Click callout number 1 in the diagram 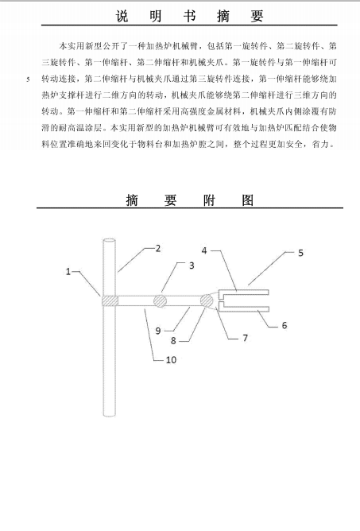pyautogui.click(x=68, y=272)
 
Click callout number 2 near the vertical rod pyautogui.click(x=158, y=249)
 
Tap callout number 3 pyautogui.click(x=192, y=265)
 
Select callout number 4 pyautogui.click(x=204, y=251)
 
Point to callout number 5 pyautogui.click(x=300, y=253)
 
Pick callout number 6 pyautogui.click(x=285, y=325)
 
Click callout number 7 pyautogui.click(x=246, y=338)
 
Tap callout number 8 pyautogui.click(x=173, y=341)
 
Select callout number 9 pyautogui.click(x=158, y=331)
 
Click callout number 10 pyautogui.click(x=171, y=359)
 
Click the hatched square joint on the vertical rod pyautogui.click(x=110, y=300)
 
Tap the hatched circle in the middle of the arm pyautogui.click(x=160, y=300)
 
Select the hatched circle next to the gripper pyautogui.click(x=207, y=300)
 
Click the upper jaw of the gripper pyautogui.click(x=244, y=293)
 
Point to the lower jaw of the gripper pyautogui.click(x=244, y=309)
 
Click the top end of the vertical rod pyautogui.click(x=109, y=240)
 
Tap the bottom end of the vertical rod pyautogui.click(x=109, y=414)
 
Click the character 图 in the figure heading pyautogui.click(x=248, y=200)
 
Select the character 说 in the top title pyautogui.click(x=122, y=16)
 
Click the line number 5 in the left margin pyautogui.click(x=28, y=80)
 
